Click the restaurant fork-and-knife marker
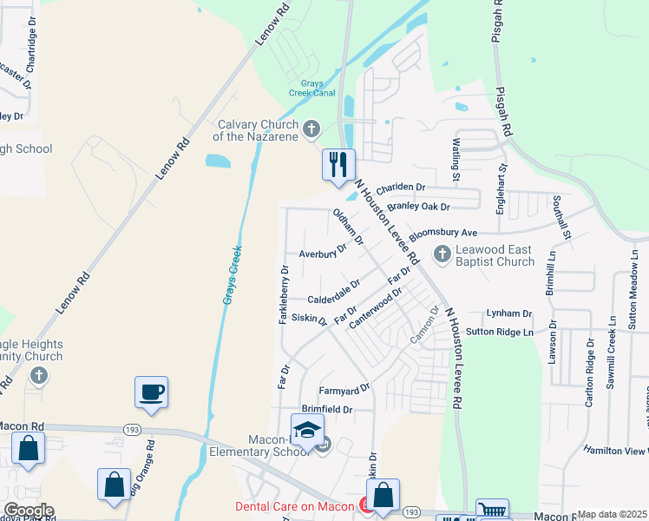pyautogui.click(x=338, y=163)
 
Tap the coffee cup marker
pyautogui.click(x=152, y=392)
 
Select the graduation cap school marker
pyautogui.click(x=306, y=430)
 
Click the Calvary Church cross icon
pyautogui.click(x=313, y=130)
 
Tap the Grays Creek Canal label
pyautogui.click(x=312, y=89)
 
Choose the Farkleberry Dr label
pyautogui.click(x=284, y=295)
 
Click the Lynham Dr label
pyautogui.click(x=508, y=313)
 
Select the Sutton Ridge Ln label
pyautogui.click(x=498, y=332)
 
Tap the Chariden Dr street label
pyautogui.click(x=400, y=187)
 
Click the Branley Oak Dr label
pyautogui.click(x=418, y=207)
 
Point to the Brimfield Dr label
pyautogui.click(x=326, y=409)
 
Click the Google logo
pyautogui.click(x=28, y=511)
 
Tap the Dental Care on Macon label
pyautogui.click(x=295, y=506)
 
